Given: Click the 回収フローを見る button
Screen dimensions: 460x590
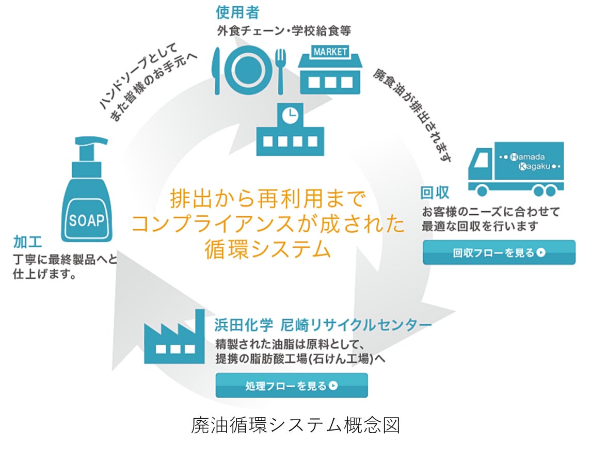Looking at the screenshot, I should [499, 252].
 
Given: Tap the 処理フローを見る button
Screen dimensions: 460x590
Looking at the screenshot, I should [292, 386].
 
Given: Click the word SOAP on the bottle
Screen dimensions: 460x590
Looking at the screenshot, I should [87, 220].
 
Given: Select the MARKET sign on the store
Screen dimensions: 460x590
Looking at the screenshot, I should [330, 52].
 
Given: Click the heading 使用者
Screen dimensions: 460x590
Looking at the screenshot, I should [238, 12].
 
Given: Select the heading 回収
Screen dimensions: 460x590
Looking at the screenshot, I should [435, 193].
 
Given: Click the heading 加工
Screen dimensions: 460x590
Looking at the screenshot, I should [28, 242].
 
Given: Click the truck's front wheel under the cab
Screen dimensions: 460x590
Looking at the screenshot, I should [483, 191].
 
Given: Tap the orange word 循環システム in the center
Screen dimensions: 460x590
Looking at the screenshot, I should [267, 249].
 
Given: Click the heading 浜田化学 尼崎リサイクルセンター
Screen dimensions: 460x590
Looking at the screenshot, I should [323, 325].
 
